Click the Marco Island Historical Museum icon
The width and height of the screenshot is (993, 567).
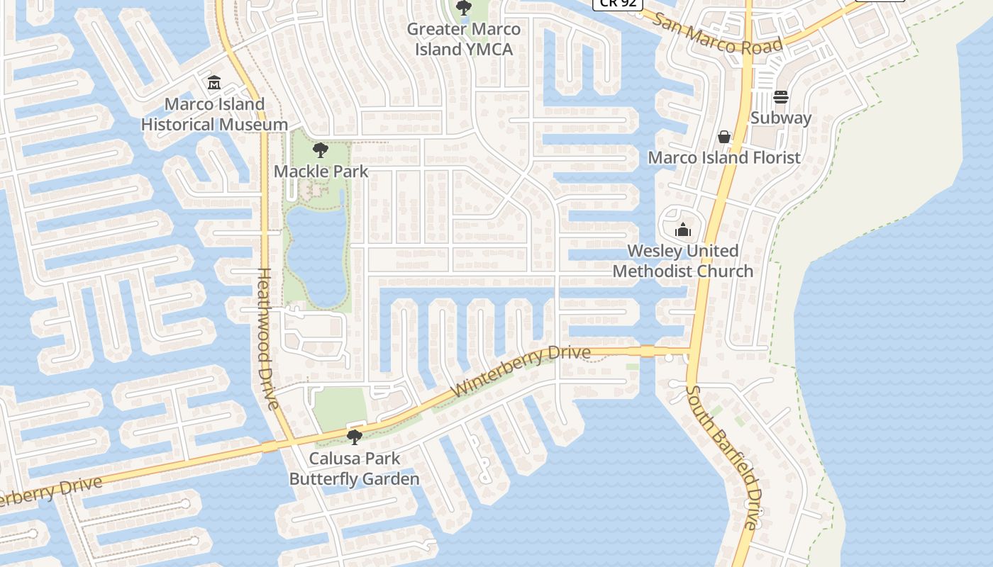tap(214, 83)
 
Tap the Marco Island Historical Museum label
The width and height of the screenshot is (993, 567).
tap(214, 114)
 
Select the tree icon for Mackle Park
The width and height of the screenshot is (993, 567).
tap(321, 150)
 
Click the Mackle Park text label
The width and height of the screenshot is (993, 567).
tap(321, 171)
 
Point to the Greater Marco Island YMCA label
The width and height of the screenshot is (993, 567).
tap(463, 39)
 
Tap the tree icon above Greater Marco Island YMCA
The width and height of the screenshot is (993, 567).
tap(463, 9)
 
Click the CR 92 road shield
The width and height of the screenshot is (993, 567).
tap(617, 4)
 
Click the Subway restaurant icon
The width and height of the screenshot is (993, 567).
tap(781, 97)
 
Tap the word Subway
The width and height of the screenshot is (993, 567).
tap(781, 118)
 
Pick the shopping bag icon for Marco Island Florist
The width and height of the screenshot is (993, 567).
tap(724, 137)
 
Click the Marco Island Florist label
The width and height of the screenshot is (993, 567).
tap(724, 157)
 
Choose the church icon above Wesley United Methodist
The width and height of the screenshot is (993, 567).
tap(683, 230)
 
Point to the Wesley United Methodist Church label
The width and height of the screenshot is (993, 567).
tap(683, 261)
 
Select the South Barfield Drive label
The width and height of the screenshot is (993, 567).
tap(723, 457)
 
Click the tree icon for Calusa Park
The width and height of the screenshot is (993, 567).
tap(354, 437)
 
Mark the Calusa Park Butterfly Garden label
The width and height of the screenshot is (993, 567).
tap(354, 468)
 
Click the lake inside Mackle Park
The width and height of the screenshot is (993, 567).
tap(316, 255)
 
